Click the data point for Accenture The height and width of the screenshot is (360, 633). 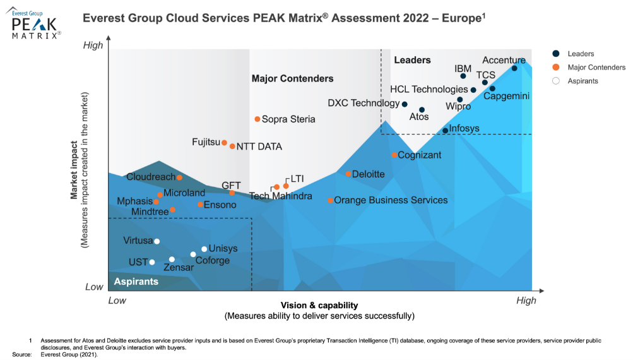(x=514, y=68)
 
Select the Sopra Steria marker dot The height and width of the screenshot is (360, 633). (x=257, y=119)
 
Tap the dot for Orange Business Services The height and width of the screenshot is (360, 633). (x=330, y=200)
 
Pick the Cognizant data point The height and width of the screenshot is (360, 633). (x=394, y=155)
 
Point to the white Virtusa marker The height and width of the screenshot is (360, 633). (x=157, y=241)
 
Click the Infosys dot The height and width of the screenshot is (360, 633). (x=445, y=130)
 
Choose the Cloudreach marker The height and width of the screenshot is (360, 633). (x=179, y=177)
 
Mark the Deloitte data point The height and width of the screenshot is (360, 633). (x=348, y=174)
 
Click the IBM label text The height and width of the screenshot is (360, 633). (x=463, y=68)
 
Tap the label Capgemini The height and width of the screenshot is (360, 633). (x=506, y=96)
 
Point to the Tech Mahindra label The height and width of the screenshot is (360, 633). (x=280, y=196)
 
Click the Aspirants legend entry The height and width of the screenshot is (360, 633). (x=583, y=81)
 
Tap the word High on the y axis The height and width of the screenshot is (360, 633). (x=93, y=45)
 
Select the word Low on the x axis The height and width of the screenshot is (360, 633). (x=117, y=301)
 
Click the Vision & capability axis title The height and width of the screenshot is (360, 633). (x=319, y=305)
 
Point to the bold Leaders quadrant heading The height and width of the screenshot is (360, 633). (x=412, y=60)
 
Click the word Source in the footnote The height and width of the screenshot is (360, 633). (x=22, y=354)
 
